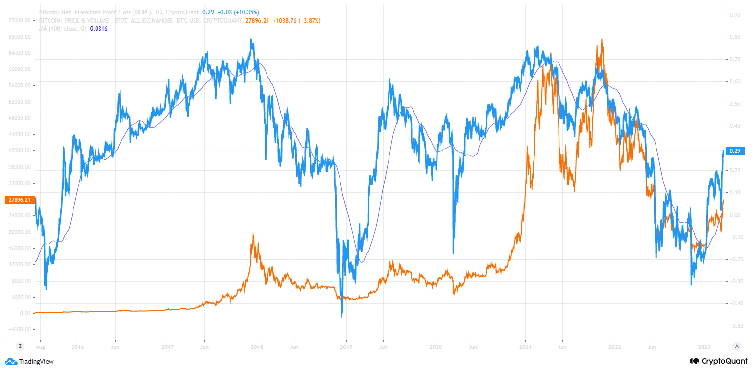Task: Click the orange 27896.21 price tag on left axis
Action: tap(19, 200)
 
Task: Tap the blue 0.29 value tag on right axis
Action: tap(734, 151)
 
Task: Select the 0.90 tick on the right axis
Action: tap(735, 15)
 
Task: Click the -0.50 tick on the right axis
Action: tap(734, 326)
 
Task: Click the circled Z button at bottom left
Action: tap(20, 346)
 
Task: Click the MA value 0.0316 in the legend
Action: tap(99, 29)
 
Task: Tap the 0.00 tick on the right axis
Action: tap(735, 215)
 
